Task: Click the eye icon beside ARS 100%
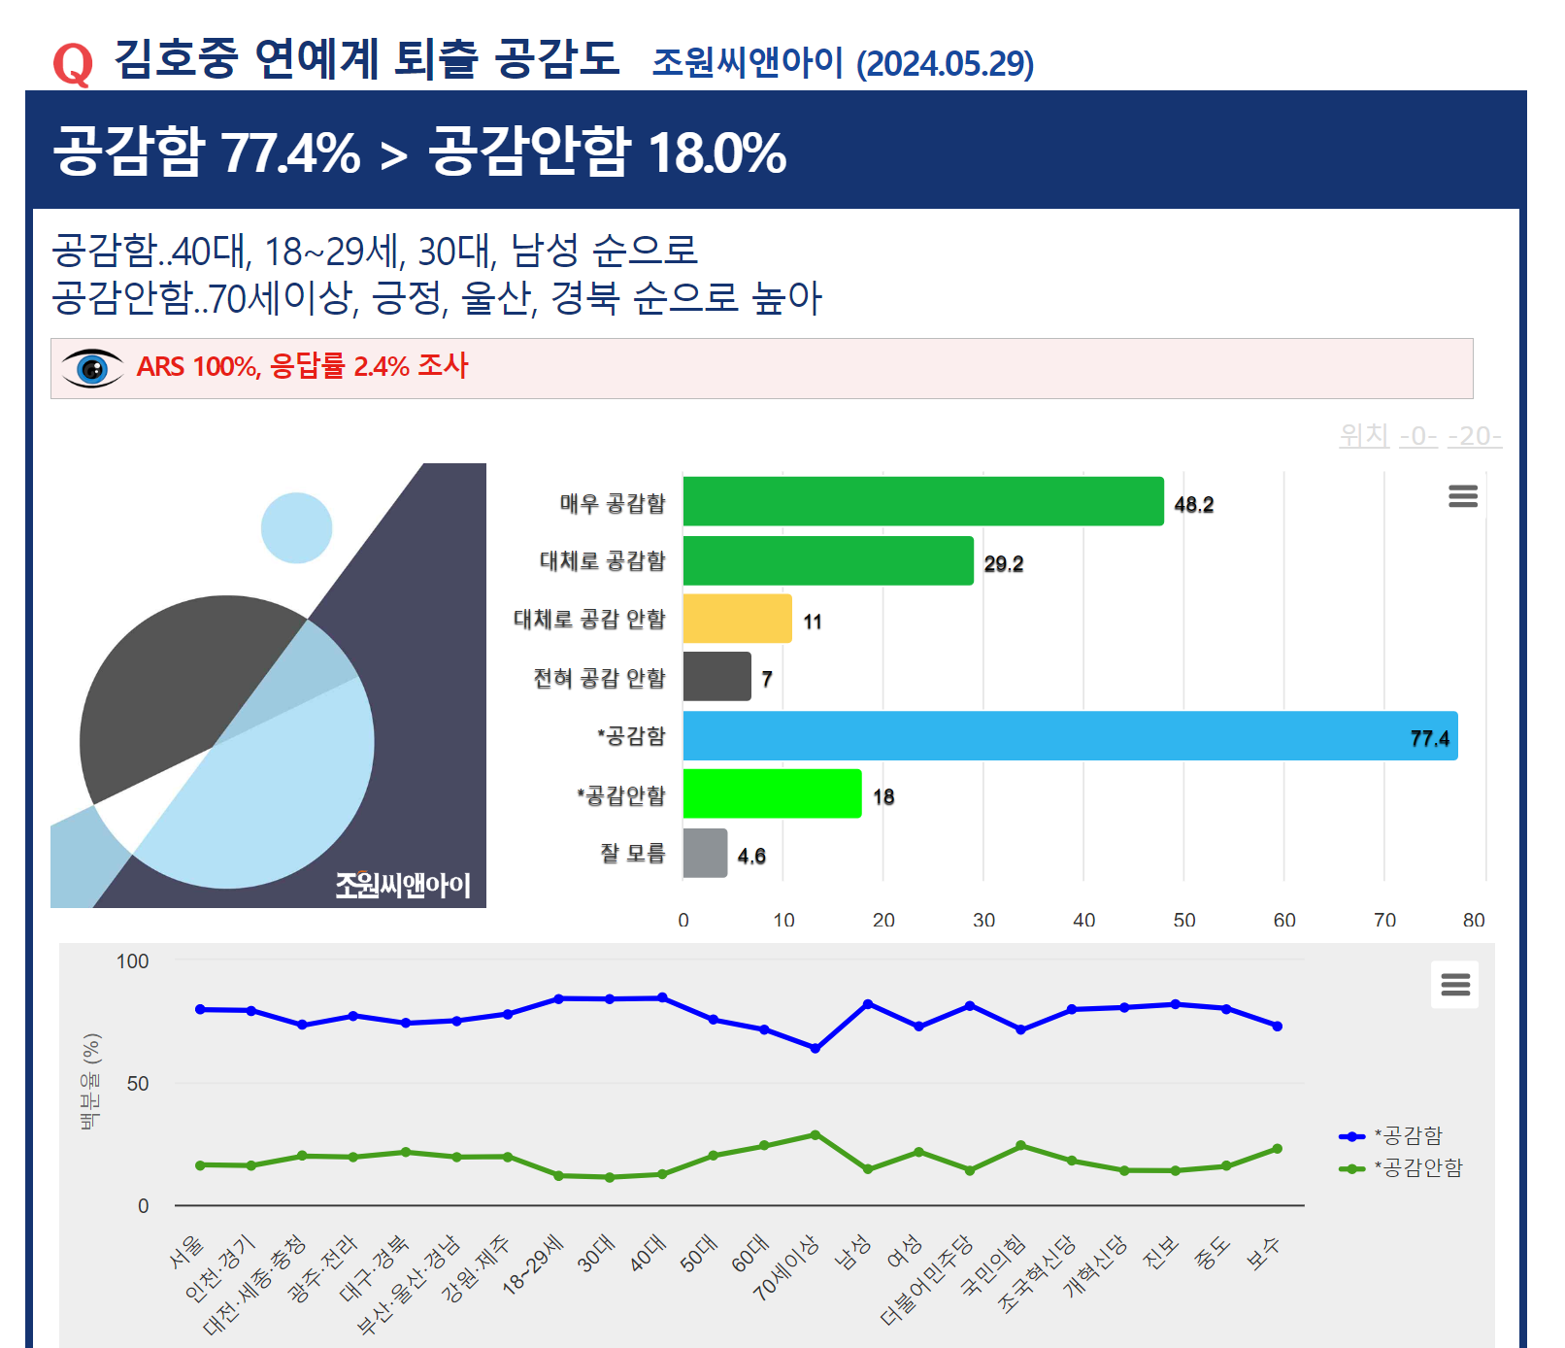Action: click(92, 368)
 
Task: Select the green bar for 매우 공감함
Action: click(922, 501)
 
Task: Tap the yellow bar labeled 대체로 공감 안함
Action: click(737, 619)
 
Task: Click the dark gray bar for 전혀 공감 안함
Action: click(716, 677)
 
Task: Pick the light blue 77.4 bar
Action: click(1068, 736)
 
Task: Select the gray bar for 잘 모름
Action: click(705, 854)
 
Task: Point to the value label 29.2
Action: click(1003, 564)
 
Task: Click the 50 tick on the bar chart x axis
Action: click(1183, 920)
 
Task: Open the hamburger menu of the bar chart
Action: click(1462, 496)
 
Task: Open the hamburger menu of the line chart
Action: click(1454, 985)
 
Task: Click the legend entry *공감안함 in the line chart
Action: click(1417, 1168)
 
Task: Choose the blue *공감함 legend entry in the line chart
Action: click(1408, 1136)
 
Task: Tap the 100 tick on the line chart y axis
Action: click(133, 961)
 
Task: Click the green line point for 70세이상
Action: click(816, 1134)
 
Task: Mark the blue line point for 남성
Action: click(868, 1003)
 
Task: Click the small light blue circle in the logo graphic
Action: click(296, 527)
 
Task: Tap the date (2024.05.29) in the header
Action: click(944, 64)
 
